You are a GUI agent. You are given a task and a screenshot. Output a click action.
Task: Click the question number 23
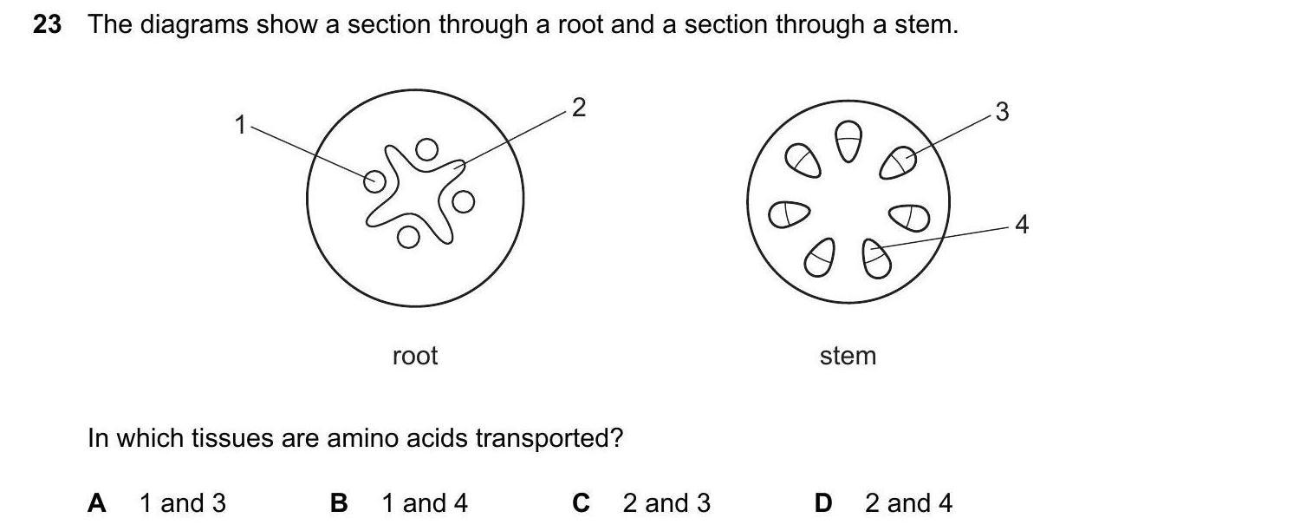click(x=47, y=25)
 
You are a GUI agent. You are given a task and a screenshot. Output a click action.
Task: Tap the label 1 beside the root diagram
click(x=240, y=126)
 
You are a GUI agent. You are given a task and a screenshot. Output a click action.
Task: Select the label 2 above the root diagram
click(x=579, y=108)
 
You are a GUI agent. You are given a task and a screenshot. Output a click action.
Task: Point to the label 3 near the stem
click(x=1002, y=112)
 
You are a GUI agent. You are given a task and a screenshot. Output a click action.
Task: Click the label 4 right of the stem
click(x=1022, y=225)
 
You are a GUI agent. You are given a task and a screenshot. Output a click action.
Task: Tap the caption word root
click(x=415, y=356)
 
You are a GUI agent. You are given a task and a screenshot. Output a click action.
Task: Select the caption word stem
click(x=848, y=356)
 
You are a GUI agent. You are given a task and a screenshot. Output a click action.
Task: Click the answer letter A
click(x=97, y=503)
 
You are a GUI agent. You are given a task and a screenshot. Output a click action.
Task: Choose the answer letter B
click(x=339, y=503)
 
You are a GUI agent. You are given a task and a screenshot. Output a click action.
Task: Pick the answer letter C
click(x=582, y=503)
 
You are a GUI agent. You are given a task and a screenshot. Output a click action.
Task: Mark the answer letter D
click(x=823, y=503)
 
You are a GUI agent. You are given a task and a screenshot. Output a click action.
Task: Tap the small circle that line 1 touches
click(x=374, y=180)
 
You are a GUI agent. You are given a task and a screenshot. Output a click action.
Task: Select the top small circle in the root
click(x=426, y=150)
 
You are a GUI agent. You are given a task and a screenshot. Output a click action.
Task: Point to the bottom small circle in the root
click(x=408, y=235)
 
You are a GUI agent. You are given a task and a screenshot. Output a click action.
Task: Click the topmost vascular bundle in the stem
click(x=848, y=141)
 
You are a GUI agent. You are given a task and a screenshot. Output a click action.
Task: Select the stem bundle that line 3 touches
click(x=899, y=161)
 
